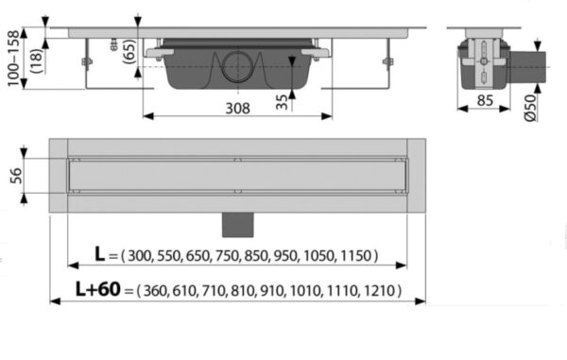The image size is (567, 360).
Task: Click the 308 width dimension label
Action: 237,108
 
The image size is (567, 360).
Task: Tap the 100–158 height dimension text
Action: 13,58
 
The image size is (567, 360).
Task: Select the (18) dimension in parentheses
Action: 37,60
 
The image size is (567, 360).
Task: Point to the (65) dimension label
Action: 129,51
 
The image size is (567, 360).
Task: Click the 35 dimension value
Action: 282,102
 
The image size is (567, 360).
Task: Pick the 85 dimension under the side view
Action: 485,100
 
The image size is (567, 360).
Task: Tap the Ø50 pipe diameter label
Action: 530,108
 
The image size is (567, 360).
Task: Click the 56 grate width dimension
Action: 16,176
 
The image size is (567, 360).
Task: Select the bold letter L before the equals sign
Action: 99,254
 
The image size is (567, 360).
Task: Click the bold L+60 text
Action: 97,289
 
